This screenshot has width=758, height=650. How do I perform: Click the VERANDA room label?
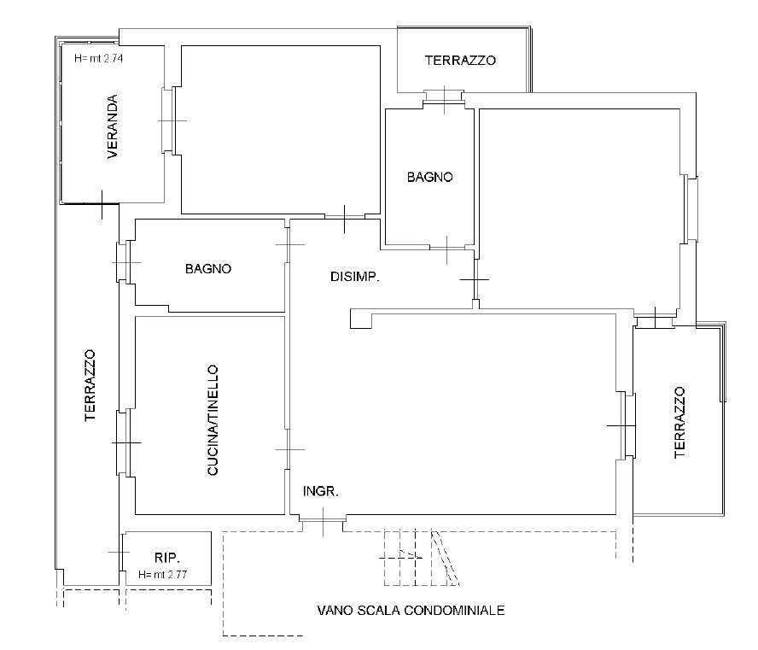coord(112,126)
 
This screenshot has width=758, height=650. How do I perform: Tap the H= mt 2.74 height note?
coord(99,59)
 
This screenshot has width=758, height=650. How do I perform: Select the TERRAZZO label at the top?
coord(460,61)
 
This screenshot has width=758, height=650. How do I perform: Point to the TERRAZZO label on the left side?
coord(90,385)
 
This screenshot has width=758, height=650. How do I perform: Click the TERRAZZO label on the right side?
coord(679,422)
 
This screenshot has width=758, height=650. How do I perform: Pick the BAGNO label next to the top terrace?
coord(429,177)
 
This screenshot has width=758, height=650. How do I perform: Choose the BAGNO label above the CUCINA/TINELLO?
coord(208,268)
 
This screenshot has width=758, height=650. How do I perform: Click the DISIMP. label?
coord(355,277)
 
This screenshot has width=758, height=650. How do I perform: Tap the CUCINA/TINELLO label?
coord(213,420)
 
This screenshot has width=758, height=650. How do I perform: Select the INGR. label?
coord(320,491)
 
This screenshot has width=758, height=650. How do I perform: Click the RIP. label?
coord(167,558)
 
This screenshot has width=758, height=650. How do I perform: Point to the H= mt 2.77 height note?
coord(162,575)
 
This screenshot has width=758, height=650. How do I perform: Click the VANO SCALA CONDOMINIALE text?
coord(411,611)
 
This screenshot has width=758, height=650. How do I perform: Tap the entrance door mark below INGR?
coord(324,521)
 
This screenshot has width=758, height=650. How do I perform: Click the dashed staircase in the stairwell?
coord(422,558)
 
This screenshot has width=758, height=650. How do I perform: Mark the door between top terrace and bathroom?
coord(444,99)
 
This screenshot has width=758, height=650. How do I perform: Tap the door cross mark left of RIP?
coord(119,552)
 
